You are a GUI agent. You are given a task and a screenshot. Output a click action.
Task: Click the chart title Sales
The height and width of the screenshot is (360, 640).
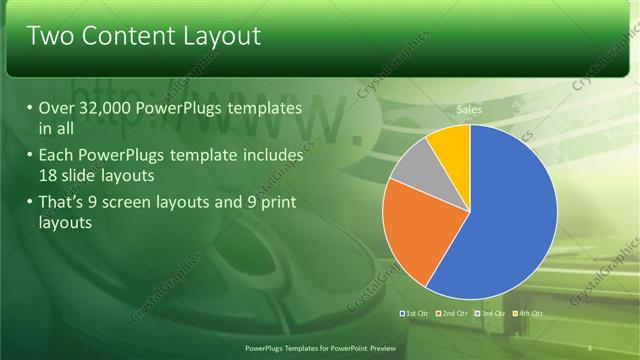pos(469,108)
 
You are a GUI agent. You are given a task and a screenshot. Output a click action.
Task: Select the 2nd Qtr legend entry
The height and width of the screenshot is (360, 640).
pos(454,313)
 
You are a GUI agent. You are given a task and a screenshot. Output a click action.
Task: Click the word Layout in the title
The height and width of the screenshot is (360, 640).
pos(223,37)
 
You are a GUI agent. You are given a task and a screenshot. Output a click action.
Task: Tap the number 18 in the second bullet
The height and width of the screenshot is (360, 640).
pos(48,175)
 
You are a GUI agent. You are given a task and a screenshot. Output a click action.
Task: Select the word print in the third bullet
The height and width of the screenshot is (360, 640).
pos(278,204)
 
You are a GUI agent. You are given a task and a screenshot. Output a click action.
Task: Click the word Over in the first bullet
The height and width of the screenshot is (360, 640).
pos(58,108)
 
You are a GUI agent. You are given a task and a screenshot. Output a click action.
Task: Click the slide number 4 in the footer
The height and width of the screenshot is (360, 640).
pos(589,347)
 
